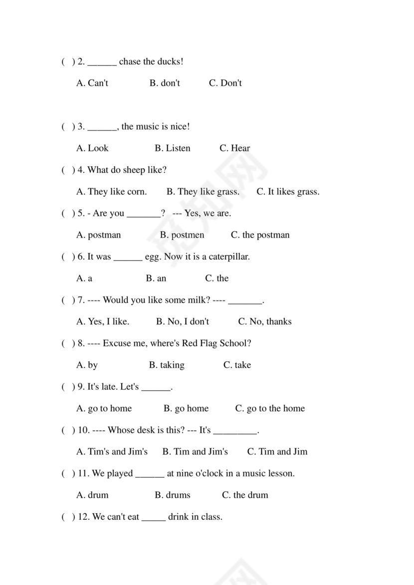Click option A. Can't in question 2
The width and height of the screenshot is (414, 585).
pyautogui.click(x=92, y=83)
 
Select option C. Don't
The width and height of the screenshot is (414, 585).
pyautogui.click(x=225, y=83)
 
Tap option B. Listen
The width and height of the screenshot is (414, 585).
pyautogui.click(x=172, y=148)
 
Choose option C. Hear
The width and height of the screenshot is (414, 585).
pyautogui.click(x=234, y=148)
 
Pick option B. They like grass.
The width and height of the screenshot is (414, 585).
pyautogui.click(x=203, y=191)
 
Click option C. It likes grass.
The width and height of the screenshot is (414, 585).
pyautogui.click(x=288, y=191)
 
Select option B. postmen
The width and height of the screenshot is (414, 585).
pyautogui.click(x=182, y=235)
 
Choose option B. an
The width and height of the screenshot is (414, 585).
pyautogui.click(x=156, y=278)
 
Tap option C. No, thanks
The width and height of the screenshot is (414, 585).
pyautogui.click(x=264, y=321)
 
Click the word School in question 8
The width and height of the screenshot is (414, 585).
pyautogui.click(x=235, y=343)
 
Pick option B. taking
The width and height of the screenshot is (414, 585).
pyautogui.click(x=167, y=365)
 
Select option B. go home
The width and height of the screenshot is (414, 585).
pyautogui.click(x=186, y=408)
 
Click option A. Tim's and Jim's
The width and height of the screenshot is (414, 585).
pyautogui.click(x=112, y=451)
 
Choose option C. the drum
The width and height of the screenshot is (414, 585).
pyautogui.click(x=245, y=495)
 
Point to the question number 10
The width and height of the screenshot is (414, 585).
pyautogui.click(x=84, y=430)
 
